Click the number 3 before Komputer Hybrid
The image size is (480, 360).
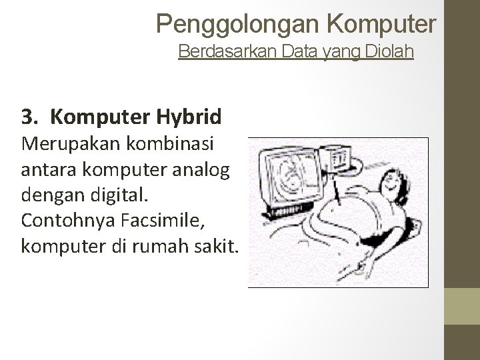(x=27, y=117)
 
